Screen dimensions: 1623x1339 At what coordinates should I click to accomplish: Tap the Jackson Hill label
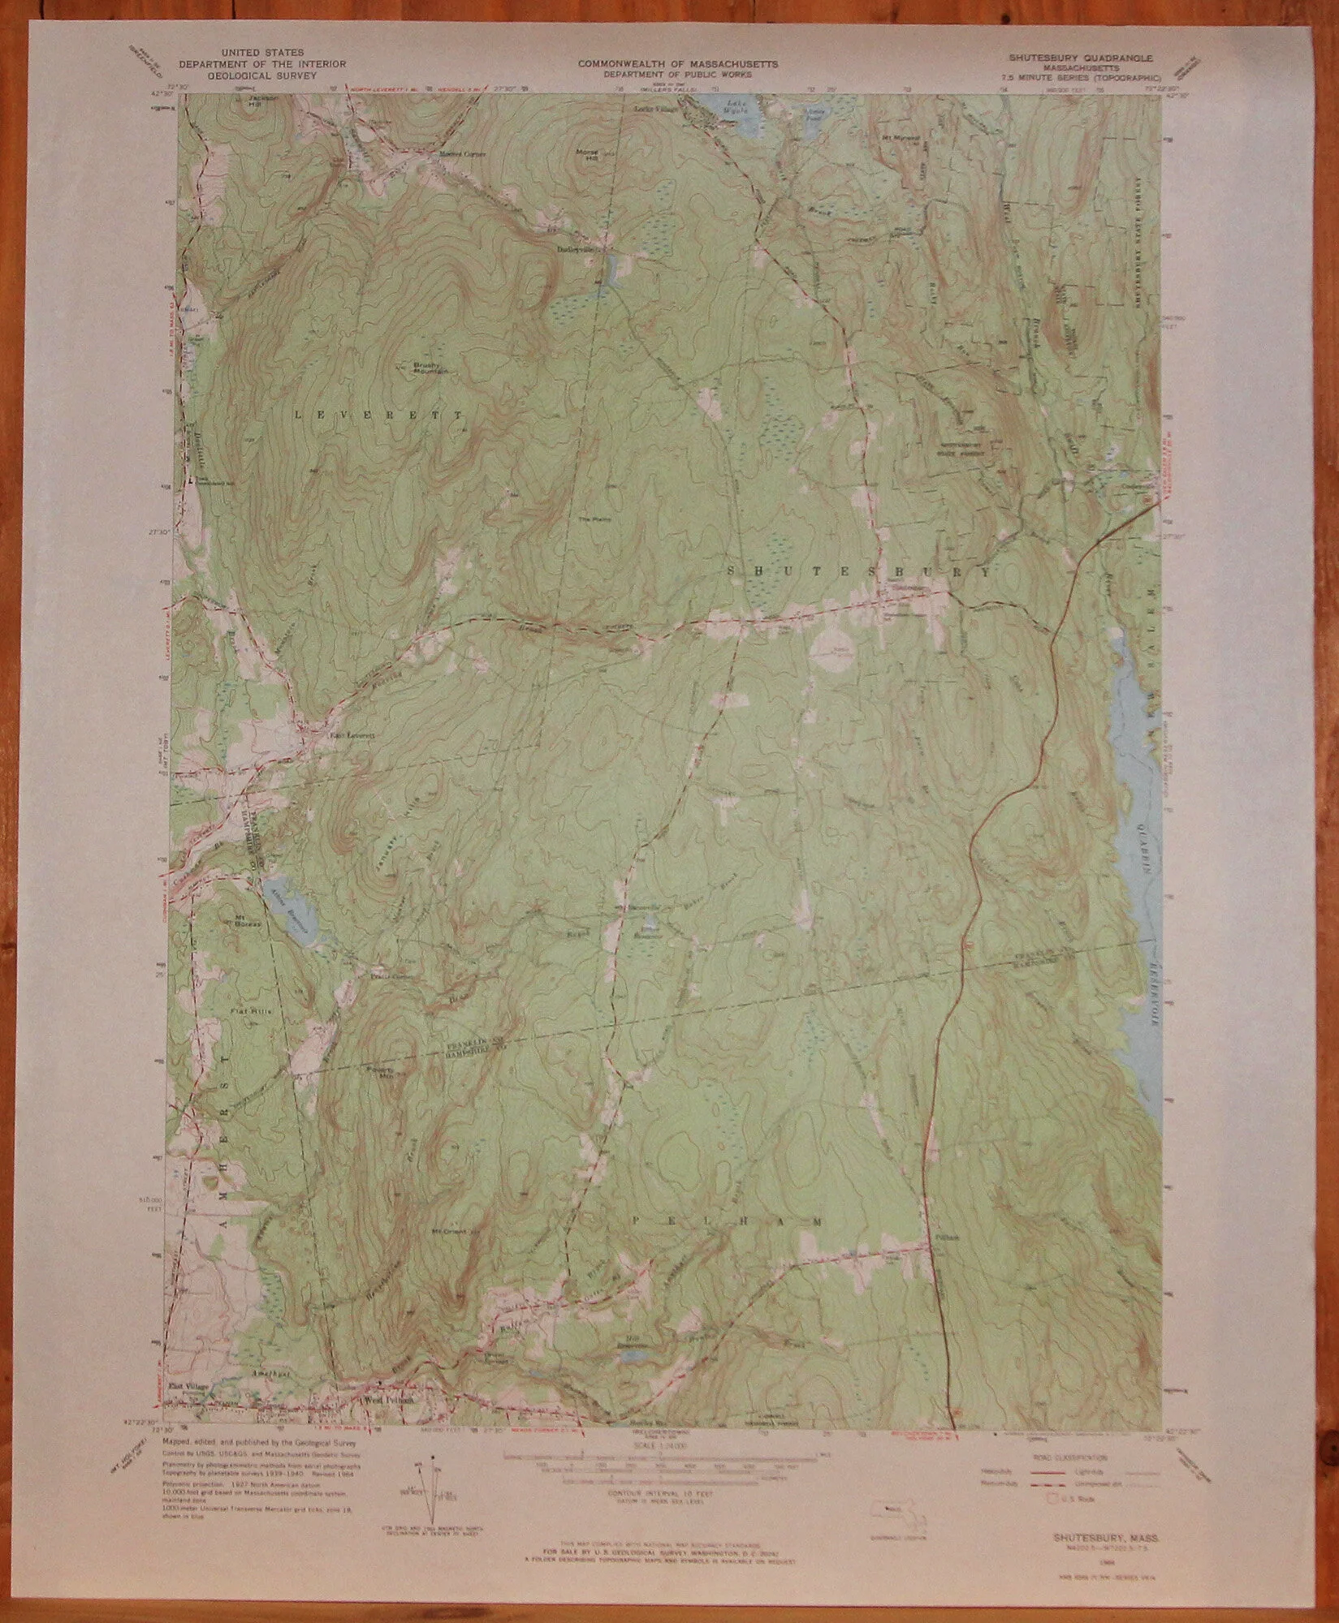point(252,101)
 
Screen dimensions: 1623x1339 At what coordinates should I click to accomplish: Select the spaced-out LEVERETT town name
point(378,415)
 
